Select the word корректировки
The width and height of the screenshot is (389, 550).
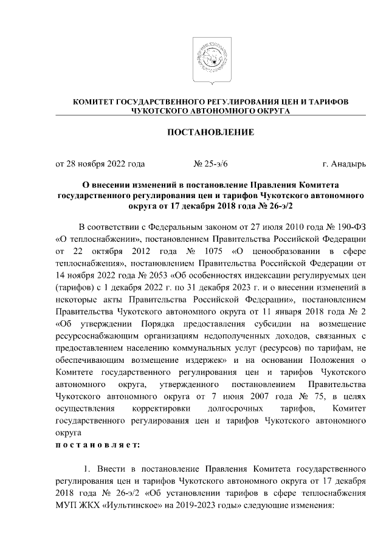[159, 411]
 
